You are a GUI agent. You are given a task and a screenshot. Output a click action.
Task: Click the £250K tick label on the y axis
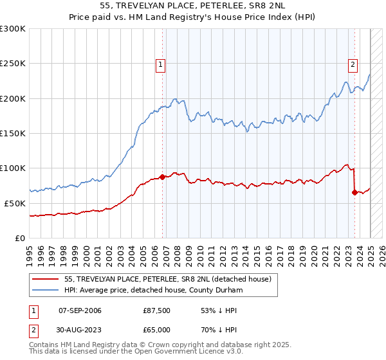click(13, 64)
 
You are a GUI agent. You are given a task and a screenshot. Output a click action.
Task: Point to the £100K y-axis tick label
click(13, 168)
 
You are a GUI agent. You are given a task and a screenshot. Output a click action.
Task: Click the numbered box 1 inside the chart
click(160, 64)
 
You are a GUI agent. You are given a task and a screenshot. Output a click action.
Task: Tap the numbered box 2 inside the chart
click(353, 64)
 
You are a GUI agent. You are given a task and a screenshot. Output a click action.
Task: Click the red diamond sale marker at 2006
click(162, 176)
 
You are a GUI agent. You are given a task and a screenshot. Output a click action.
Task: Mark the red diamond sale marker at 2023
click(354, 192)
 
